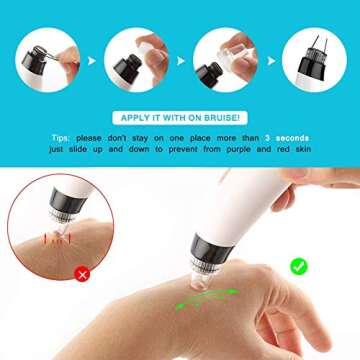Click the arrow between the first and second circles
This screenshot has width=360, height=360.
pos(92,59)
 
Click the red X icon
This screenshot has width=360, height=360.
pos(82,272)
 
